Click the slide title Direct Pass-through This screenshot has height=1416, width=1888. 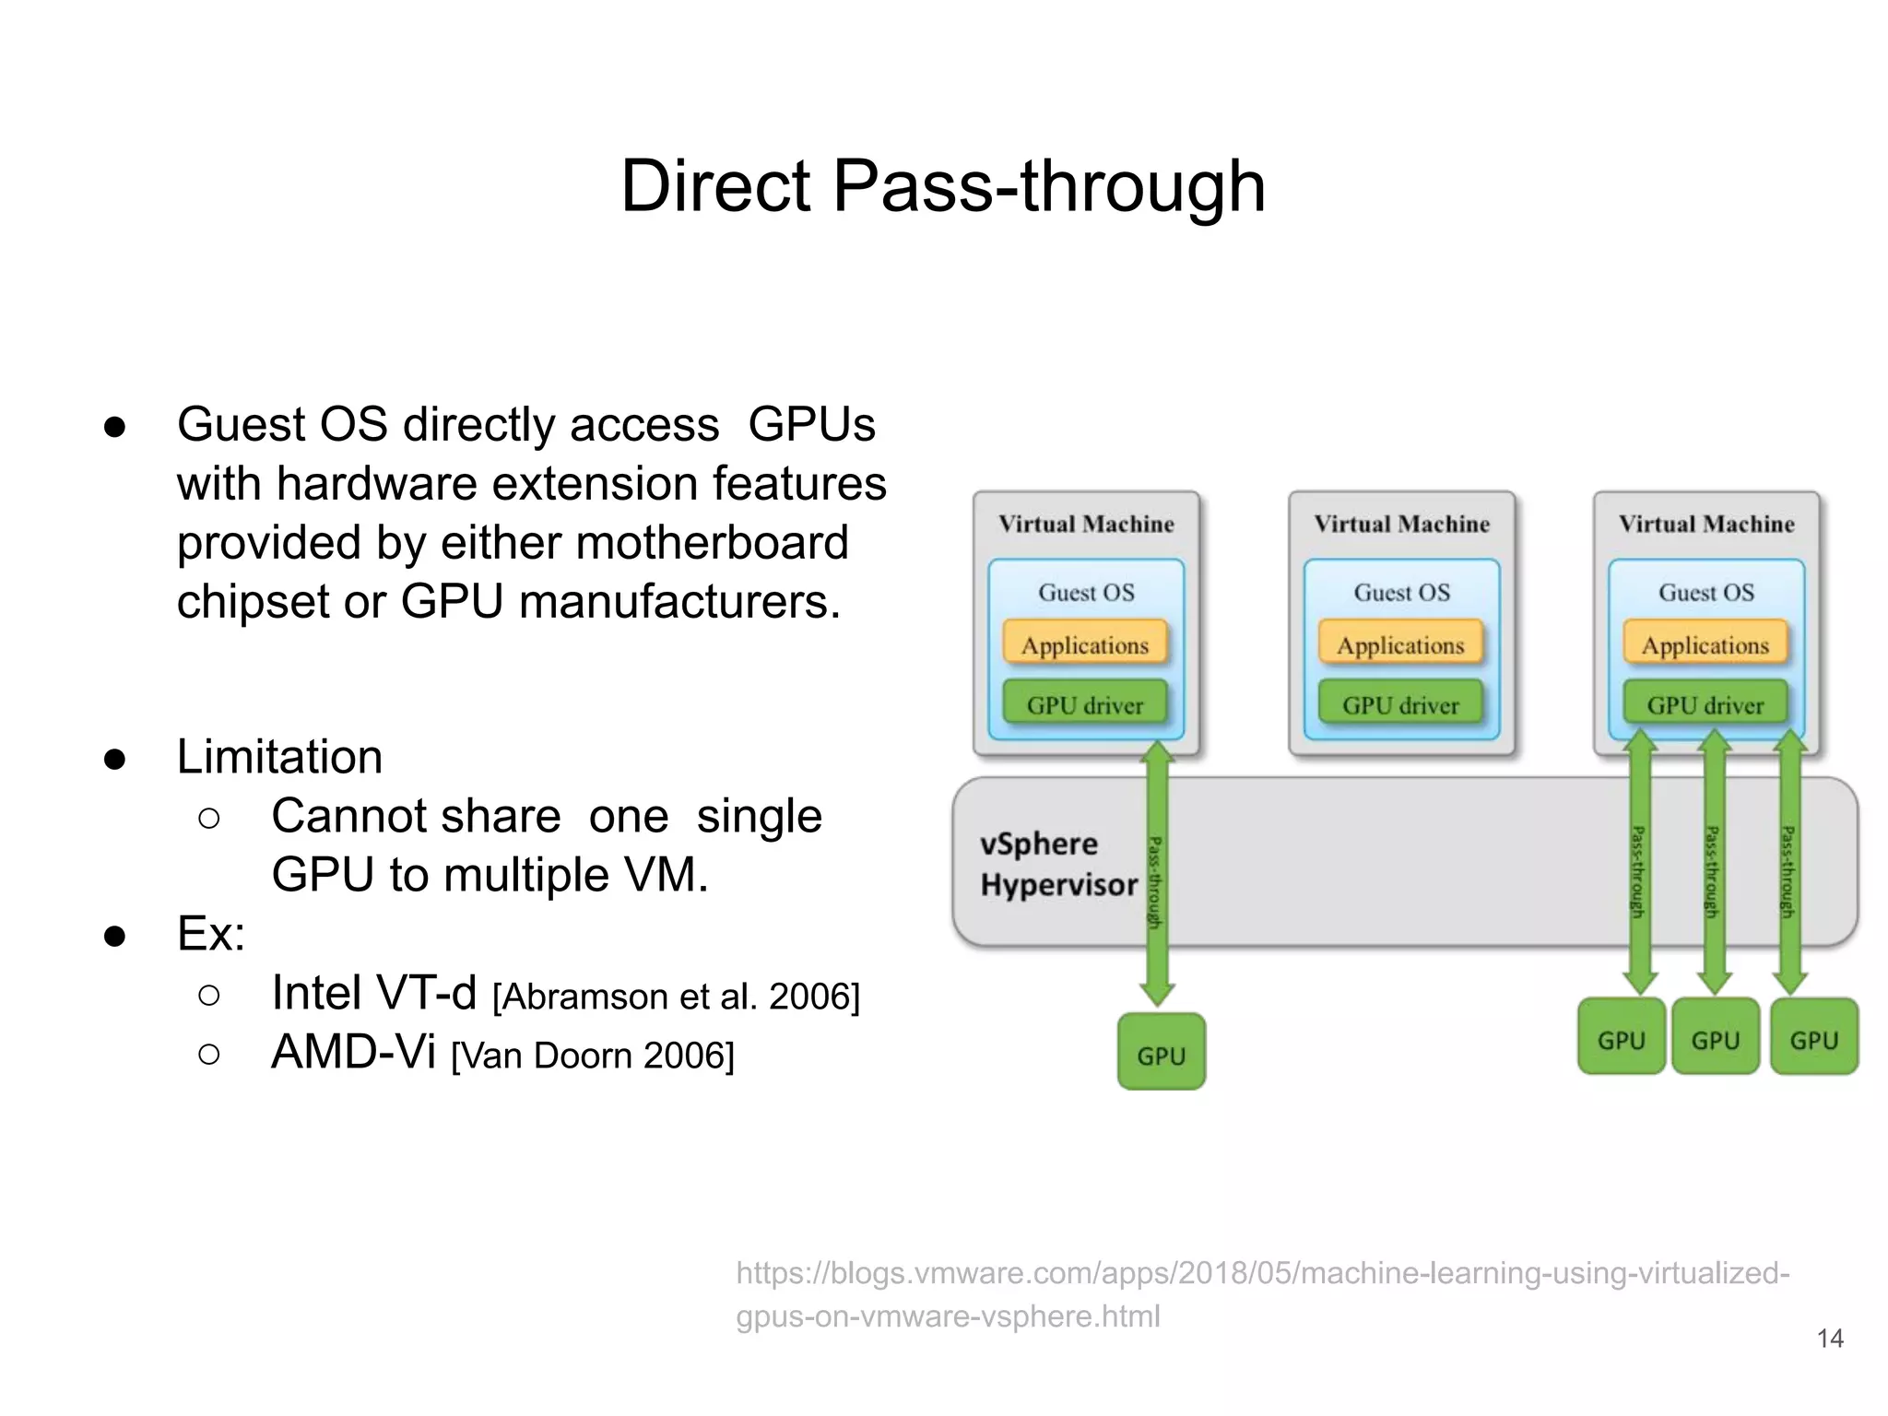[x=943, y=187]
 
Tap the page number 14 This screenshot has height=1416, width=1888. [x=1829, y=1338]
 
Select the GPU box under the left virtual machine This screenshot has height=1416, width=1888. [x=1161, y=1053]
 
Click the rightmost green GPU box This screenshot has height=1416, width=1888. [x=1813, y=1038]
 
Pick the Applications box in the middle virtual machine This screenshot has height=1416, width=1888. [x=1400, y=644]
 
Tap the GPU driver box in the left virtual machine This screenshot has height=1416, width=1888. [x=1084, y=704]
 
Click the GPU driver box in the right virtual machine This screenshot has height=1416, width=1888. [x=1705, y=704]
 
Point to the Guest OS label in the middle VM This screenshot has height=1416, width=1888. [x=1401, y=592]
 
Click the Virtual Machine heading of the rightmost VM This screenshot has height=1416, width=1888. [x=1706, y=524]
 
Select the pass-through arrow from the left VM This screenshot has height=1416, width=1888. [x=1157, y=876]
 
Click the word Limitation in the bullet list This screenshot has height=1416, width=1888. [x=279, y=757]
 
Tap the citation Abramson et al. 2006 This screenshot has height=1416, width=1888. [x=676, y=997]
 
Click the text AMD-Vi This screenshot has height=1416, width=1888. [x=353, y=1052]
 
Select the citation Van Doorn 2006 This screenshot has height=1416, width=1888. [x=593, y=1056]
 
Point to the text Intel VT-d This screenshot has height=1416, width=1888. [x=373, y=993]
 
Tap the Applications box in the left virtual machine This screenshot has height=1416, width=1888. [x=1085, y=644]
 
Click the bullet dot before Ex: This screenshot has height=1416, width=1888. [x=115, y=936]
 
